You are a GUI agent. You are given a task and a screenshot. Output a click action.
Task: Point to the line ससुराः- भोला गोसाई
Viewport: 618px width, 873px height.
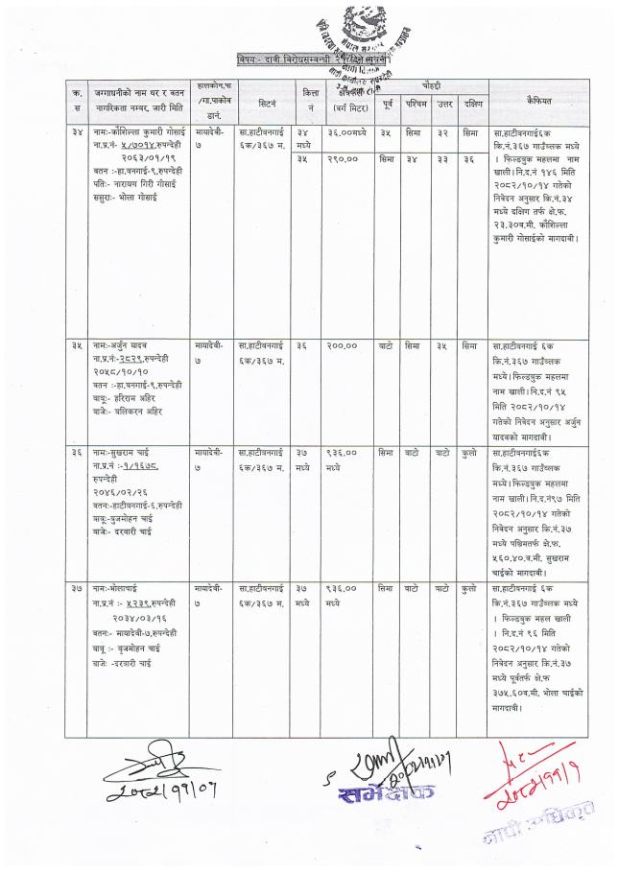click(x=131, y=206)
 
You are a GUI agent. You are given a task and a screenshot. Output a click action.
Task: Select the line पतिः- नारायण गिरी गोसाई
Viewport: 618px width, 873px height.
click(x=138, y=195)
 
